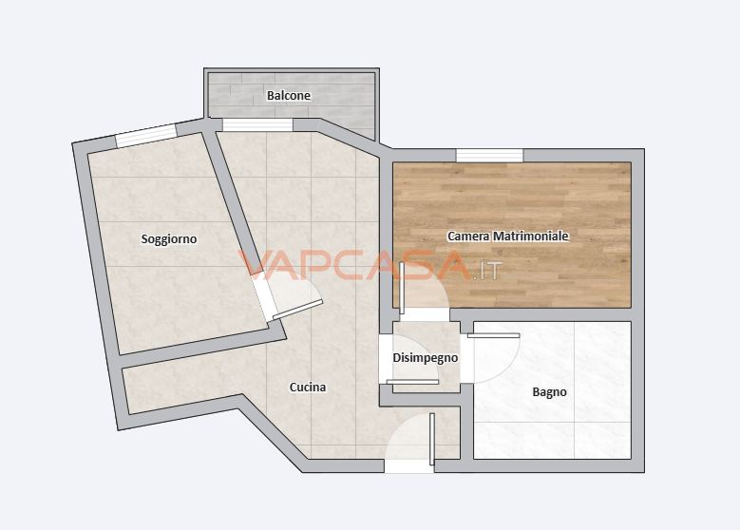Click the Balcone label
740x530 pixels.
pyautogui.click(x=289, y=96)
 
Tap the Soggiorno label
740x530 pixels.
pyautogui.click(x=169, y=239)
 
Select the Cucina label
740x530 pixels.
pyautogui.click(x=308, y=388)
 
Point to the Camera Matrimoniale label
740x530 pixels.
pyautogui.click(x=508, y=236)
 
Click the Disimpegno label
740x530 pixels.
pyautogui.click(x=426, y=358)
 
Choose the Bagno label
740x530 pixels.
pyautogui.click(x=549, y=391)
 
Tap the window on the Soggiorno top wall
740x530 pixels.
pyautogui.click(x=146, y=137)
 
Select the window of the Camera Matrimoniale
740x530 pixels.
pyautogui.click(x=489, y=155)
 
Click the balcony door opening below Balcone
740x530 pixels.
pyautogui.click(x=257, y=124)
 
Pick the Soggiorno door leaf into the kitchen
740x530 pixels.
pyautogui.click(x=297, y=309)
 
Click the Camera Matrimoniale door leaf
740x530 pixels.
pyautogui.click(x=403, y=288)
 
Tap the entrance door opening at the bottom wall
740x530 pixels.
pyautogui.click(x=408, y=466)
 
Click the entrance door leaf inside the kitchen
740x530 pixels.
pyautogui.click(x=431, y=438)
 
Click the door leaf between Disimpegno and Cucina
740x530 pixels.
pyautogui.click(x=413, y=382)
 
